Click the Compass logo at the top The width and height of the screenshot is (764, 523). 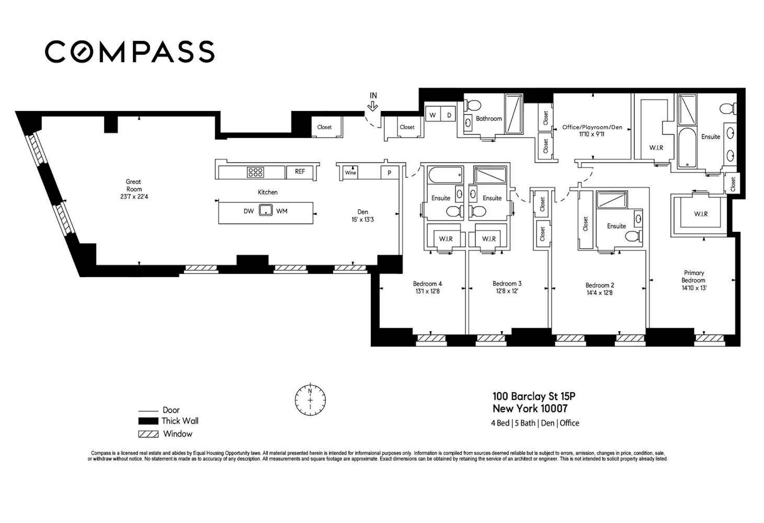coord(130,52)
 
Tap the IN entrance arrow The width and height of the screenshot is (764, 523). coord(373,107)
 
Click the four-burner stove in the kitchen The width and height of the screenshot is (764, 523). coord(255,172)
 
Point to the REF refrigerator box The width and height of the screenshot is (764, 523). coord(300,172)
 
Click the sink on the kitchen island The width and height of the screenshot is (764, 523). coord(266,210)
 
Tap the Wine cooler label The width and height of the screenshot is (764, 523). coord(351,173)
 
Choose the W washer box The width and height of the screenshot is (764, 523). coord(433,115)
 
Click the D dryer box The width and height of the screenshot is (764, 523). coord(448,115)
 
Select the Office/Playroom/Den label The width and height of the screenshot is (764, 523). coord(592,127)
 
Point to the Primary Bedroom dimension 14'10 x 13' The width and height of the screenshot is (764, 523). coord(694,288)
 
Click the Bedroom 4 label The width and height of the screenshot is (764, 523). coord(427,284)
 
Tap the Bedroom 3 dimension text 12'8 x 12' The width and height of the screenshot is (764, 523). coord(507,291)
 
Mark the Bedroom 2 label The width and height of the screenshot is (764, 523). coord(600,285)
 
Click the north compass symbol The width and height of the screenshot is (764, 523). coord(310,400)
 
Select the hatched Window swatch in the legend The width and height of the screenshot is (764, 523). coord(148,434)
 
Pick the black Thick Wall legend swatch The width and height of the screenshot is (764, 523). coord(148,421)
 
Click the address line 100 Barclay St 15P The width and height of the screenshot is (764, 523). coord(534,396)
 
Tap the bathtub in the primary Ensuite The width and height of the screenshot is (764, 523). coord(687,148)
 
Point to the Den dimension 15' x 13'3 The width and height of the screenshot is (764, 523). coord(363,220)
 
